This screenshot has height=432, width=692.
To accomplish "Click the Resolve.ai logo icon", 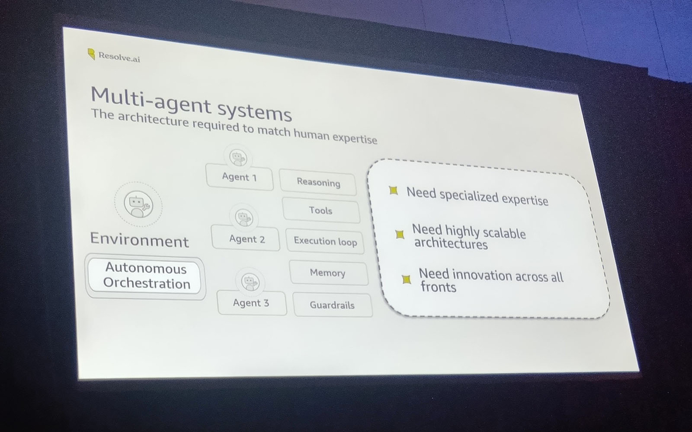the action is [x=91, y=54].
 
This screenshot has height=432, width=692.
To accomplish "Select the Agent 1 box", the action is [x=239, y=177].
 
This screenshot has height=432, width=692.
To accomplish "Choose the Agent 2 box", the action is [x=247, y=239].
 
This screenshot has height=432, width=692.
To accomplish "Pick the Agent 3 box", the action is [x=251, y=303].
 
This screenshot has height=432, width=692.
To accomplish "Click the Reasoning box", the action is [x=318, y=183].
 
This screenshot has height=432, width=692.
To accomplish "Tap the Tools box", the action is [x=321, y=211].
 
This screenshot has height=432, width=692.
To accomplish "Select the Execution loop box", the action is [x=325, y=241].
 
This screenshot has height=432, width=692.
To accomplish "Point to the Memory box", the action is [x=328, y=273].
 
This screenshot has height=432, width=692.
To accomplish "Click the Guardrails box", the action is [x=332, y=305].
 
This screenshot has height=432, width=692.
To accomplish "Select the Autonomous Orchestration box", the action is [x=146, y=276].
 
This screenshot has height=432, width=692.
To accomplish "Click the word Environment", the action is [x=139, y=240].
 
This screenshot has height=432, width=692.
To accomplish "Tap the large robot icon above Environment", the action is [x=137, y=203].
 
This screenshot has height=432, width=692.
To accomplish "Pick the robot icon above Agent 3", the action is [x=249, y=282].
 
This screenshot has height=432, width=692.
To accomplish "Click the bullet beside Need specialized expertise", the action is [x=393, y=191].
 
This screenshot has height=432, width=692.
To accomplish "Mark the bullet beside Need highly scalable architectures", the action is [x=399, y=234].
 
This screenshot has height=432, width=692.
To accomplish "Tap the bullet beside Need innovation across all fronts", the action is [x=407, y=279].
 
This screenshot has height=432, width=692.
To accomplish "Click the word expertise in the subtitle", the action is [x=352, y=138].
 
